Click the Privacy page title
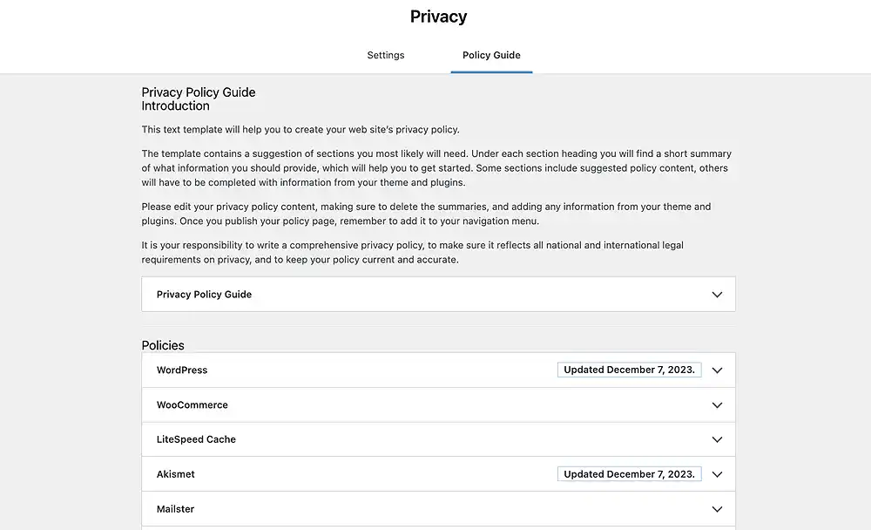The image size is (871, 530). (x=438, y=17)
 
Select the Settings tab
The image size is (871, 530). (x=385, y=55)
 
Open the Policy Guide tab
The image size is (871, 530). (x=491, y=55)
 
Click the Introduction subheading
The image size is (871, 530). (x=175, y=106)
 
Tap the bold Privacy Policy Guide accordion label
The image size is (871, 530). (x=204, y=295)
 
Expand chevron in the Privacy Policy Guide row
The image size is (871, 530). (x=717, y=295)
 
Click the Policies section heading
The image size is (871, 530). (x=163, y=345)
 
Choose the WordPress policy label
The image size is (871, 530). (x=182, y=370)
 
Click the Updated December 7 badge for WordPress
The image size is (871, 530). (x=629, y=370)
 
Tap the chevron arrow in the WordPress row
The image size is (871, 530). (x=717, y=370)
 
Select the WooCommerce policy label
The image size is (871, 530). (x=192, y=404)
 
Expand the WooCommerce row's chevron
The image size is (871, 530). (x=717, y=404)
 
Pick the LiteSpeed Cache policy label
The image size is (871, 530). (x=196, y=439)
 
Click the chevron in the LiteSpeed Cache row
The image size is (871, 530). (x=717, y=439)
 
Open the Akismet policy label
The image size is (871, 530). (x=176, y=474)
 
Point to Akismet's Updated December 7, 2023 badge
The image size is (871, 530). (x=629, y=474)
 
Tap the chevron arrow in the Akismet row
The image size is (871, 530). (x=717, y=474)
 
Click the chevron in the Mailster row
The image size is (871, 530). (x=717, y=509)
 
